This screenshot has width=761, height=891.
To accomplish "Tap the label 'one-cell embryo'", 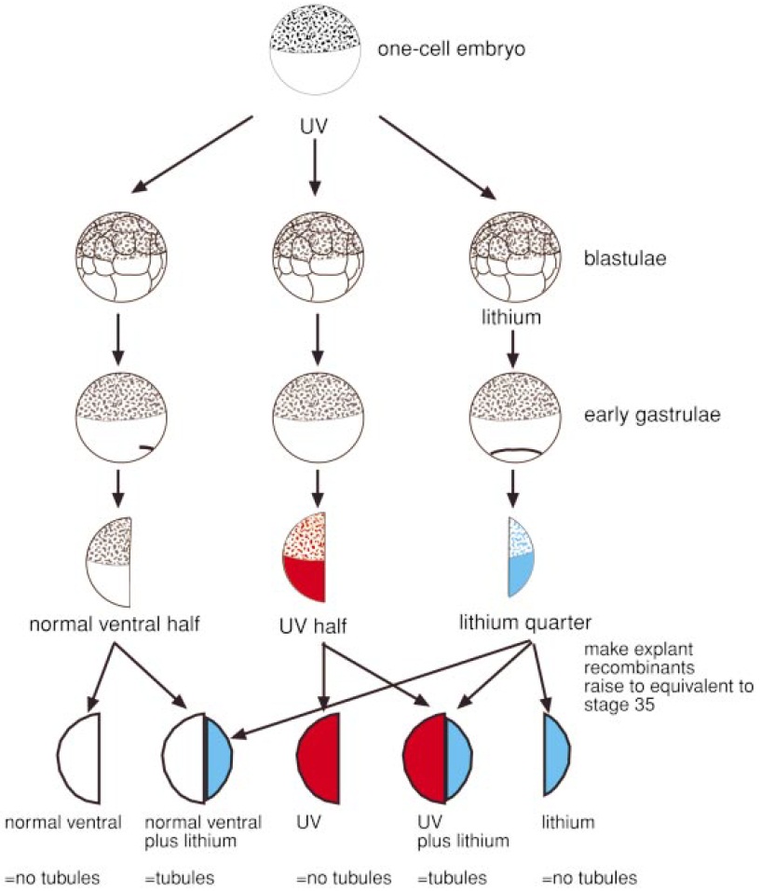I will pyautogui.click(x=451, y=48).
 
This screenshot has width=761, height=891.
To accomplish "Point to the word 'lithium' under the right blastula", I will pyautogui.click(x=510, y=320).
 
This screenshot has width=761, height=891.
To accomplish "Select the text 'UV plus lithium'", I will pyautogui.click(x=461, y=832).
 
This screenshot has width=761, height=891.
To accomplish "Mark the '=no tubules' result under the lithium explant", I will pyautogui.click(x=590, y=878).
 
